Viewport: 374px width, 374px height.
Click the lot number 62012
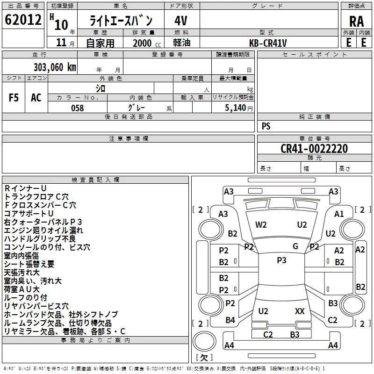(x=23, y=19)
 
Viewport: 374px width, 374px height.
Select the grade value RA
(x=356, y=22)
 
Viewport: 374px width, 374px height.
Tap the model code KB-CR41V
(x=268, y=43)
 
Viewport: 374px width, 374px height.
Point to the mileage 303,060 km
(x=55, y=67)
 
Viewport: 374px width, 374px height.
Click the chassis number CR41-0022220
(x=314, y=148)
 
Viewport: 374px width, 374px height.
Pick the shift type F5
(x=14, y=98)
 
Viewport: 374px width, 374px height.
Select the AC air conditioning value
(x=36, y=98)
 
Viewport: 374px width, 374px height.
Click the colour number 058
(x=78, y=108)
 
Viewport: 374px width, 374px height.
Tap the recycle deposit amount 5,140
(x=236, y=108)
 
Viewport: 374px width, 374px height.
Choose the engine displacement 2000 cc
(x=147, y=43)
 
